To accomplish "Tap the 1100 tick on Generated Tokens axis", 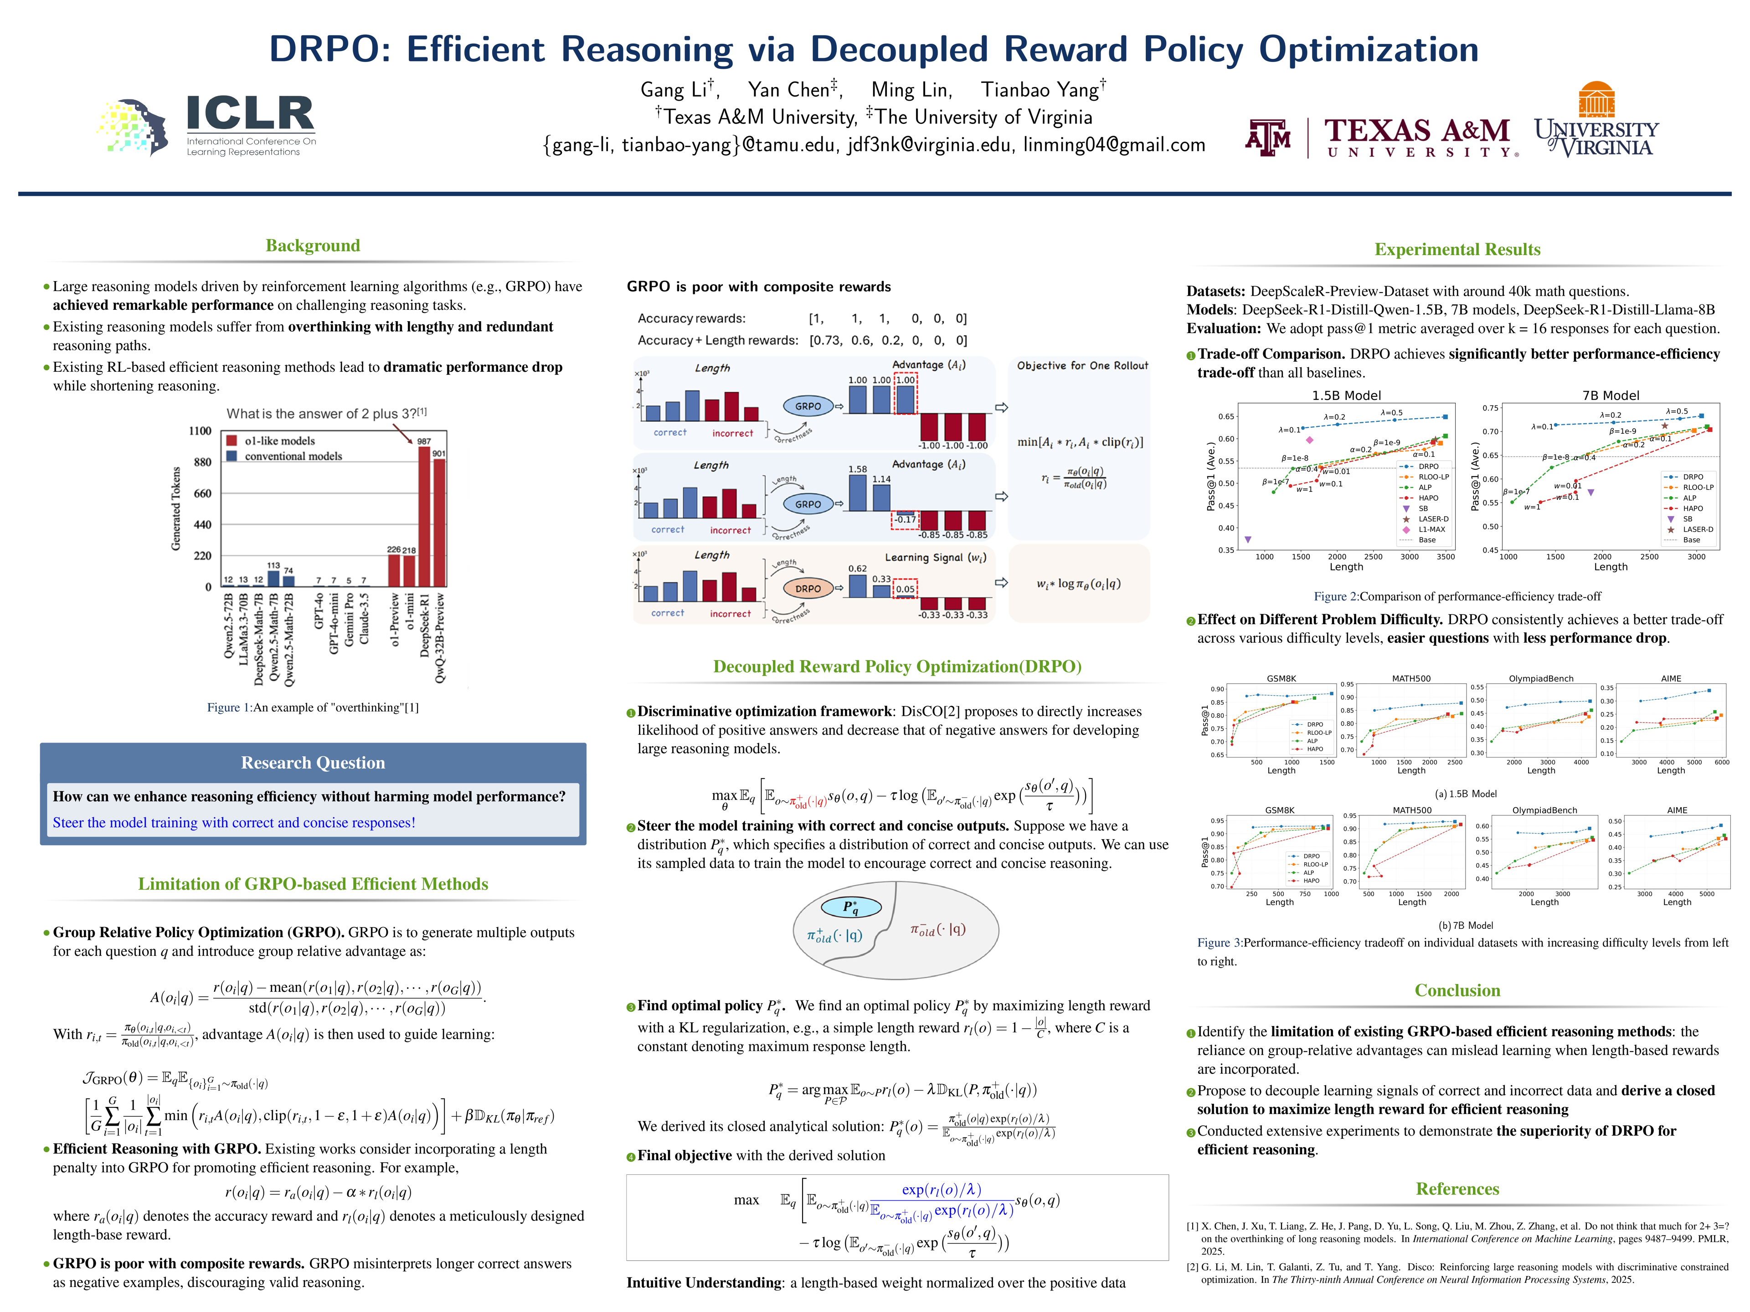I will [x=200, y=431].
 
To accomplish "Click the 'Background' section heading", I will [x=313, y=246].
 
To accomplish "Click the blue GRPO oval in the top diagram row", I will [x=808, y=406].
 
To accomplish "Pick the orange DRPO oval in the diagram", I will [x=808, y=589].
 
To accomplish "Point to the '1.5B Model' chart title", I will [x=1346, y=395].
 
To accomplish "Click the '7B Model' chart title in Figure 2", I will [x=1610, y=395].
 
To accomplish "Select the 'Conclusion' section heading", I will [x=1457, y=991].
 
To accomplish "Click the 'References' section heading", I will [x=1457, y=1189].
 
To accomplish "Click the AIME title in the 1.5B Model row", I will [x=1671, y=678].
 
